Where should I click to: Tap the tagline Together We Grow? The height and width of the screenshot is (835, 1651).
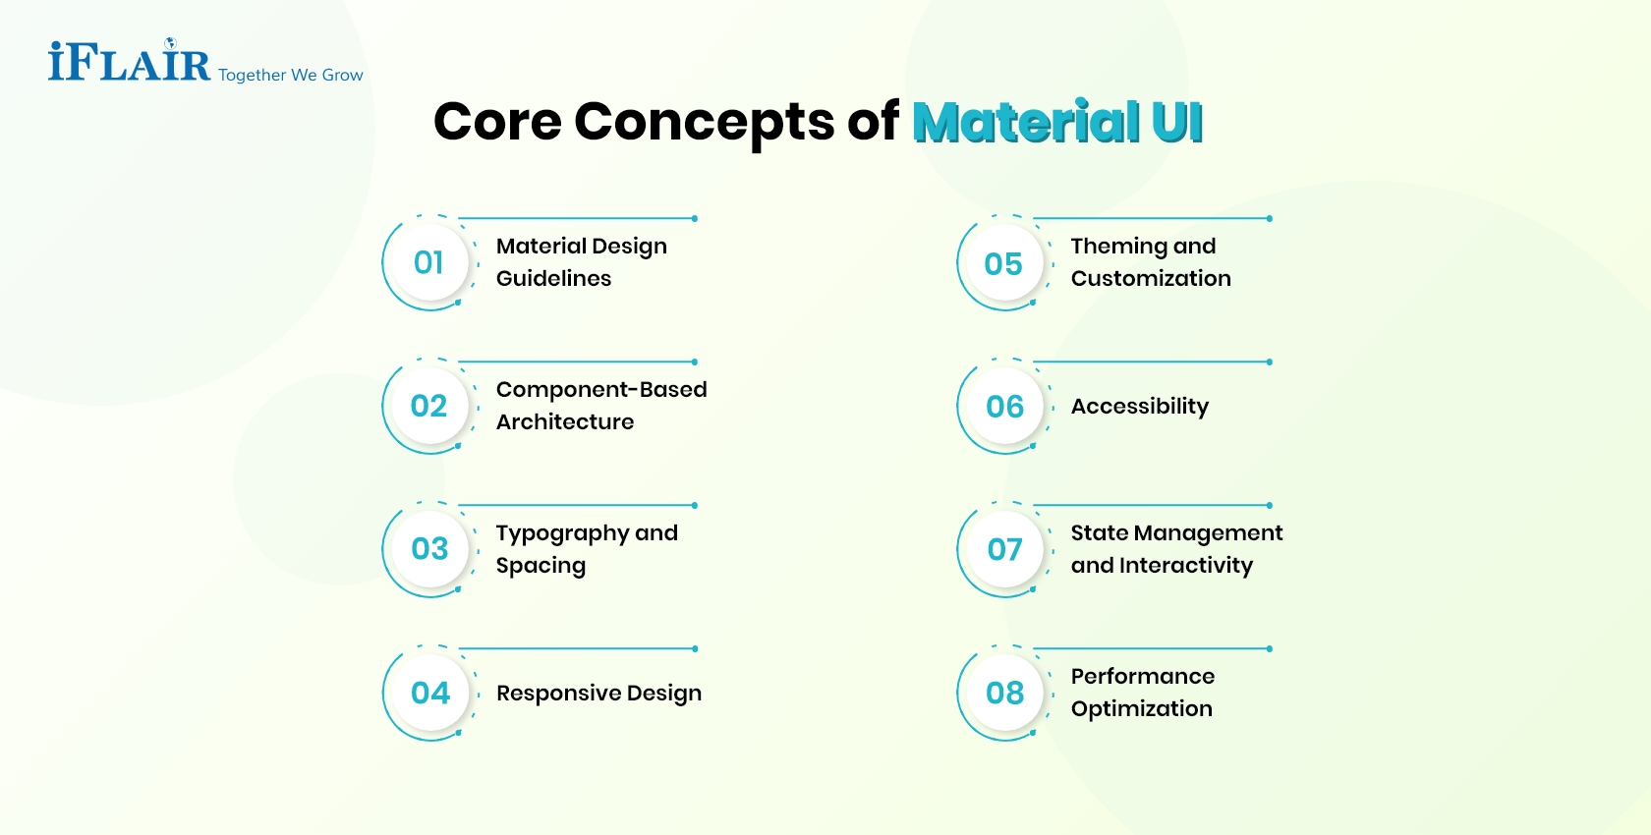click(290, 75)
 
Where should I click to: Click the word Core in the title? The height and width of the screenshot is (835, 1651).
click(496, 122)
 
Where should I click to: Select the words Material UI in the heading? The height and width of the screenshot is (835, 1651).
click(1057, 123)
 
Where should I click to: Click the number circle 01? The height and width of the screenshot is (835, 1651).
click(428, 262)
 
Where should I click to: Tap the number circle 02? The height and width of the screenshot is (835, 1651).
click(428, 406)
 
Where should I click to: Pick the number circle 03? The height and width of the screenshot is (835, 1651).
click(429, 548)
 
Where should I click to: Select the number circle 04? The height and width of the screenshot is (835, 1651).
click(429, 693)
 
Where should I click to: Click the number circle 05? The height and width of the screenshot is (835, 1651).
click(1003, 263)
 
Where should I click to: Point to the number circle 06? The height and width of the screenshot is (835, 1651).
click(1004, 406)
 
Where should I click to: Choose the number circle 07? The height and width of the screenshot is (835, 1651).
click(1004, 549)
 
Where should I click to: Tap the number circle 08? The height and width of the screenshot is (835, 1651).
click(1004, 693)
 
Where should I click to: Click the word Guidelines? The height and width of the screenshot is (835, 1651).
click(553, 278)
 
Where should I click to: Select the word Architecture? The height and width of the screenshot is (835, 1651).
click(565, 421)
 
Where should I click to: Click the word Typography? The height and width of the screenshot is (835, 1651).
click(561, 533)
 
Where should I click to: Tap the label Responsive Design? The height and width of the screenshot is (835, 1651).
click(598, 693)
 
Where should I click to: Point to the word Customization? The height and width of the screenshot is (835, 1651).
click(1151, 278)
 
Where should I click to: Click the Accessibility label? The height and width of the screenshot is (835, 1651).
click(1139, 406)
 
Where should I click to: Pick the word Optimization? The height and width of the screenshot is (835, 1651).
click(1141, 708)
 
